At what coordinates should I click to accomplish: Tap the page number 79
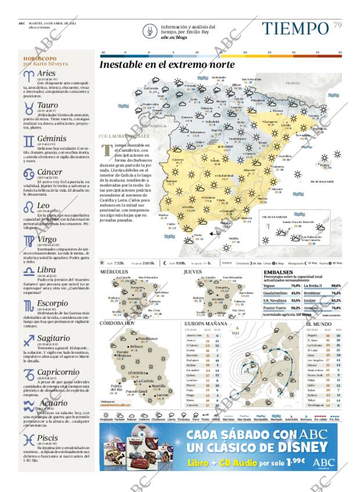pyautogui.click(x=337, y=24)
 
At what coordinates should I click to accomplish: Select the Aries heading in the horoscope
pyautogui.click(x=46, y=74)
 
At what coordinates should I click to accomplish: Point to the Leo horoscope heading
pyautogui.click(x=43, y=206)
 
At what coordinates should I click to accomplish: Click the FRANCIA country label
pyautogui.click(x=309, y=84)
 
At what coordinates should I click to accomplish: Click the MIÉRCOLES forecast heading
pyautogui.click(x=113, y=272)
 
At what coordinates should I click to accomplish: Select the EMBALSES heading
pyautogui.click(x=278, y=272)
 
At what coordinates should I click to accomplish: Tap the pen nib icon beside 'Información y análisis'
pyautogui.click(x=152, y=30)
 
